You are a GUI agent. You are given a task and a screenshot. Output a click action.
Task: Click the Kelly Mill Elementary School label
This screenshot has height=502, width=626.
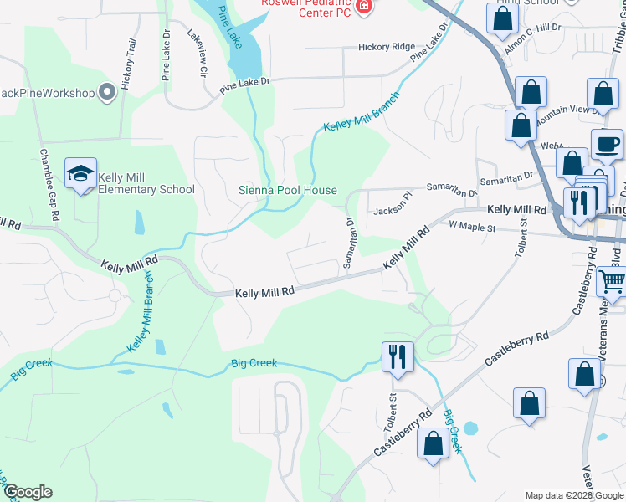click(x=147, y=183)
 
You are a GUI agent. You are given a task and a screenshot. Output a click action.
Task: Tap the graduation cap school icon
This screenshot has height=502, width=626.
click(x=81, y=174)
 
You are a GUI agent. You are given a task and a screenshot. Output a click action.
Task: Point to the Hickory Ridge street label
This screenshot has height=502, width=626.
click(x=386, y=47)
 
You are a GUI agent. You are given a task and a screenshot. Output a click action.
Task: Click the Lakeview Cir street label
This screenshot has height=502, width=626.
click(x=197, y=54)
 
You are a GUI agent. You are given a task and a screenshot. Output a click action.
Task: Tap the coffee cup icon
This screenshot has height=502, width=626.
click(x=607, y=145)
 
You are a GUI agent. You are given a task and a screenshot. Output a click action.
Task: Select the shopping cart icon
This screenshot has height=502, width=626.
click(x=613, y=284)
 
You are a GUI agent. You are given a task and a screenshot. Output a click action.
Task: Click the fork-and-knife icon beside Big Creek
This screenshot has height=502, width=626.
click(x=398, y=357)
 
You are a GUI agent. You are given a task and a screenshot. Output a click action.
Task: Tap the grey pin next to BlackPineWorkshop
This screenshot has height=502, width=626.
click(x=107, y=92)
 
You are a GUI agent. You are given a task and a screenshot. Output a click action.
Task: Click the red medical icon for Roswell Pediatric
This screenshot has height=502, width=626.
click(x=363, y=8)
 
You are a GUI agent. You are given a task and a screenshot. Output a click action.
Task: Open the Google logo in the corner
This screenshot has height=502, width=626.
click(x=28, y=493)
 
